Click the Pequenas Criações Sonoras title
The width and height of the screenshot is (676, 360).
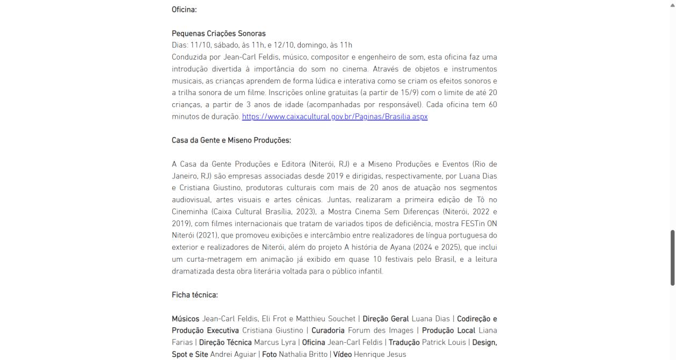pyautogui.click(x=219, y=33)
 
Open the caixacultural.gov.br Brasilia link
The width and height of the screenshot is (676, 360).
pyautogui.click(x=335, y=117)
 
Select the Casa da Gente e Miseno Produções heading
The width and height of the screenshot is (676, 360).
pyautogui.click(x=231, y=140)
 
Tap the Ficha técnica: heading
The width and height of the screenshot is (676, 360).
pyautogui.click(x=194, y=295)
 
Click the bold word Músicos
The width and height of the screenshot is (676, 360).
pyautogui.click(x=185, y=319)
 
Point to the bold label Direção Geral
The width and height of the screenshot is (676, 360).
pyautogui.click(x=386, y=319)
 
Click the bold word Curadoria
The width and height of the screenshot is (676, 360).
pyautogui.click(x=328, y=330)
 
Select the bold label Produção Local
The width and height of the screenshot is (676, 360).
pyautogui.click(x=448, y=330)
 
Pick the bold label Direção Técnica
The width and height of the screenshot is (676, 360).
pyautogui.click(x=226, y=342)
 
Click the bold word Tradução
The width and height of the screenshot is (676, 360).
pyautogui.click(x=405, y=342)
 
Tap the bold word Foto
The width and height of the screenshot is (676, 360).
pyautogui.click(x=269, y=354)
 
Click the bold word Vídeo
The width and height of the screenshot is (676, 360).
pyautogui.click(x=342, y=354)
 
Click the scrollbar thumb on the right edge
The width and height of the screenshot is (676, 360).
pyautogui.click(x=673, y=258)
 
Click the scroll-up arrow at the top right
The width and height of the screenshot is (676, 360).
pyautogui.click(x=673, y=3)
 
